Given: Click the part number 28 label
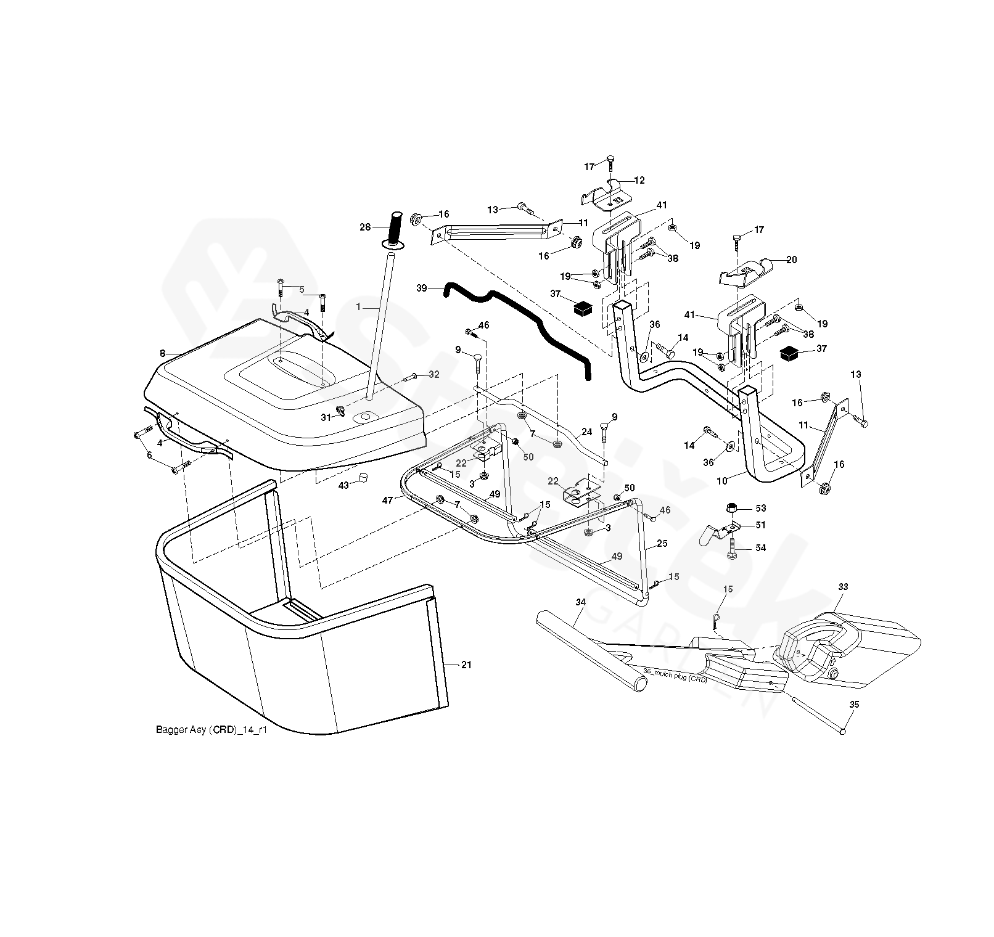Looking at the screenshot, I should click(x=365, y=227).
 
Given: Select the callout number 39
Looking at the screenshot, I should click(x=422, y=288).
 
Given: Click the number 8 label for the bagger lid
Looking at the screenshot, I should click(x=162, y=354).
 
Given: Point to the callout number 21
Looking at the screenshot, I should click(x=466, y=664).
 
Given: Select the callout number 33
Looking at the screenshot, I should click(x=843, y=587).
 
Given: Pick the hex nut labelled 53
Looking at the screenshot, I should click(x=731, y=509).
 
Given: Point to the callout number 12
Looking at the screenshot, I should click(x=639, y=181).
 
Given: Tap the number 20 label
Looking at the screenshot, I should click(x=791, y=260).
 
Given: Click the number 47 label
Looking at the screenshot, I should click(x=387, y=501).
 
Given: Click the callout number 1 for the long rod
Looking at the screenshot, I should click(x=358, y=306).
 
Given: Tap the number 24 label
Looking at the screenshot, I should click(x=586, y=432).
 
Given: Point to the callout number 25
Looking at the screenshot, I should click(x=662, y=544).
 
